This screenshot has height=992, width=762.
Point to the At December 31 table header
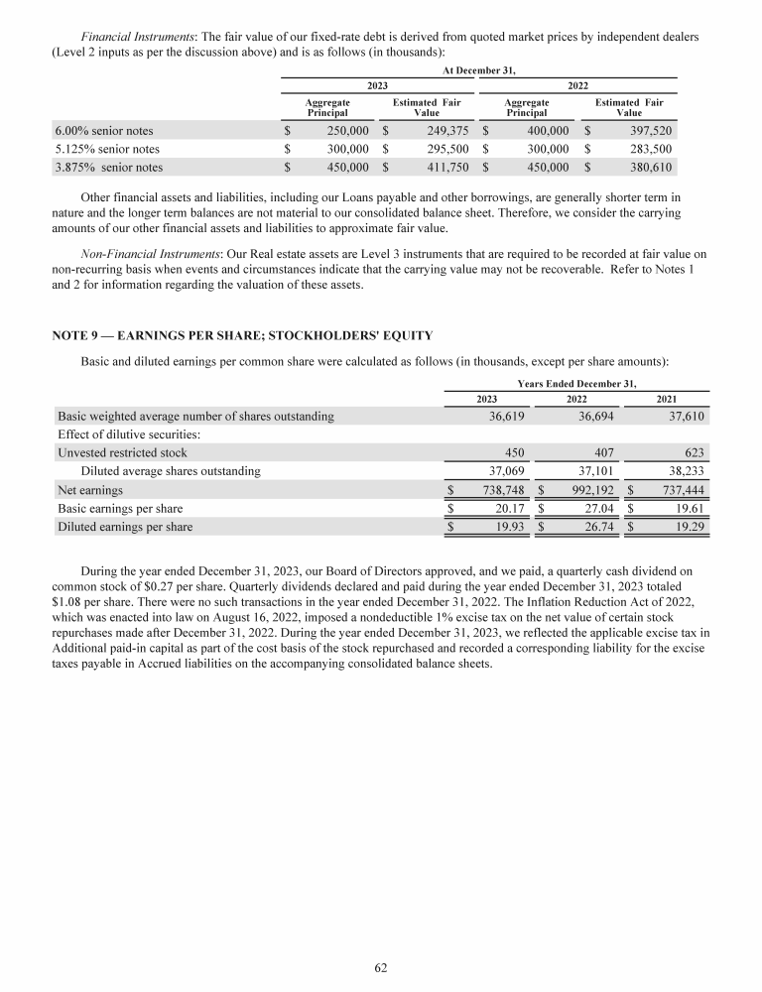(478, 69)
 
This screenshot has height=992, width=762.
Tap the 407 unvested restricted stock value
(601, 453)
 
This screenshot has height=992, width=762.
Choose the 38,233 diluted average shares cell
(685, 471)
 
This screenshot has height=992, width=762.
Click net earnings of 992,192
(591, 490)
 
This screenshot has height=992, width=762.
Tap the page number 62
(381, 968)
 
